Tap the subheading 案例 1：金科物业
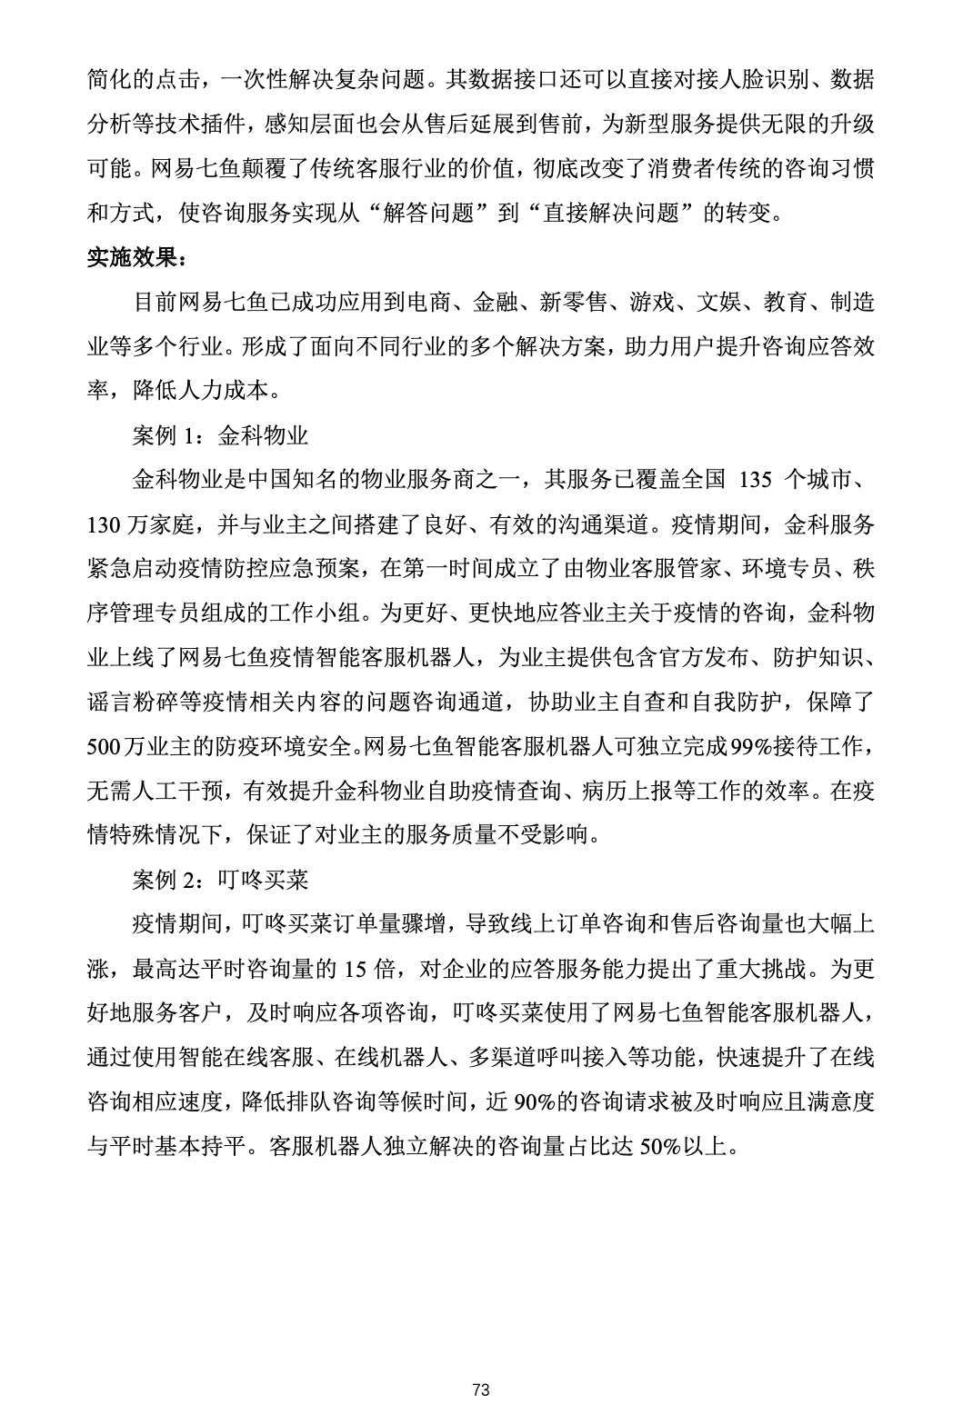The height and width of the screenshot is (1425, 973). tap(220, 435)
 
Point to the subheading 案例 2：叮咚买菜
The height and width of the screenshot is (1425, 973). tap(220, 880)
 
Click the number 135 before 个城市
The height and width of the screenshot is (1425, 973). tap(761, 480)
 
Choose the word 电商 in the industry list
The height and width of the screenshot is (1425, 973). tap(428, 302)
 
